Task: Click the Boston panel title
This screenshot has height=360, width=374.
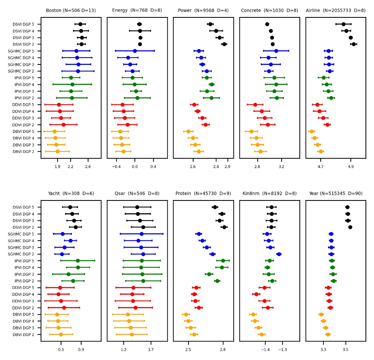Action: (71, 10)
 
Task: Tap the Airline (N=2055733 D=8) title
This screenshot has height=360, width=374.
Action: (335, 10)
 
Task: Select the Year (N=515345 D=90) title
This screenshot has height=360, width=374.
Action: (335, 193)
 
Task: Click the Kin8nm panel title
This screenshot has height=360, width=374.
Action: (269, 193)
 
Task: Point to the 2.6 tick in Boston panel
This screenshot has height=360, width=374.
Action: (88, 166)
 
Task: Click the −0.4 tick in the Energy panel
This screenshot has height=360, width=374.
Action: (116, 166)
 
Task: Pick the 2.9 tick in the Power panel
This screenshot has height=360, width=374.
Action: (228, 166)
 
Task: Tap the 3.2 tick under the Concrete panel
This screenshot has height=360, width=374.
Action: (281, 166)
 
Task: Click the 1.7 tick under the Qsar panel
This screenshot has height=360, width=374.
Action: (151, 350)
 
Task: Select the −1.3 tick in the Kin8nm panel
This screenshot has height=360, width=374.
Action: (282, 350)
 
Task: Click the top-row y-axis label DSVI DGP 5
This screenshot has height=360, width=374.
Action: (23, 24)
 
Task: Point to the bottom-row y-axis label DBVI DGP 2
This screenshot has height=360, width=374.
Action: (23, 335)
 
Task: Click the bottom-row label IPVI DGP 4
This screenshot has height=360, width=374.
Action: (23, 267)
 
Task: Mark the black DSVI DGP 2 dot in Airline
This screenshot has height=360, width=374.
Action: (354, 44)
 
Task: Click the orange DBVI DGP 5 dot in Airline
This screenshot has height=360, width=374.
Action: (312, 132)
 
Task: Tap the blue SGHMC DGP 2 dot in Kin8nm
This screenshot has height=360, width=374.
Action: (279, 254)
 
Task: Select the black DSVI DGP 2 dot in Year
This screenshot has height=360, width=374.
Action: (350, 227)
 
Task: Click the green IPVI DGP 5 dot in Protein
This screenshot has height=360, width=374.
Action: (223, 261)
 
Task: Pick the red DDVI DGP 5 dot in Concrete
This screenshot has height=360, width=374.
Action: (255, 105)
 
